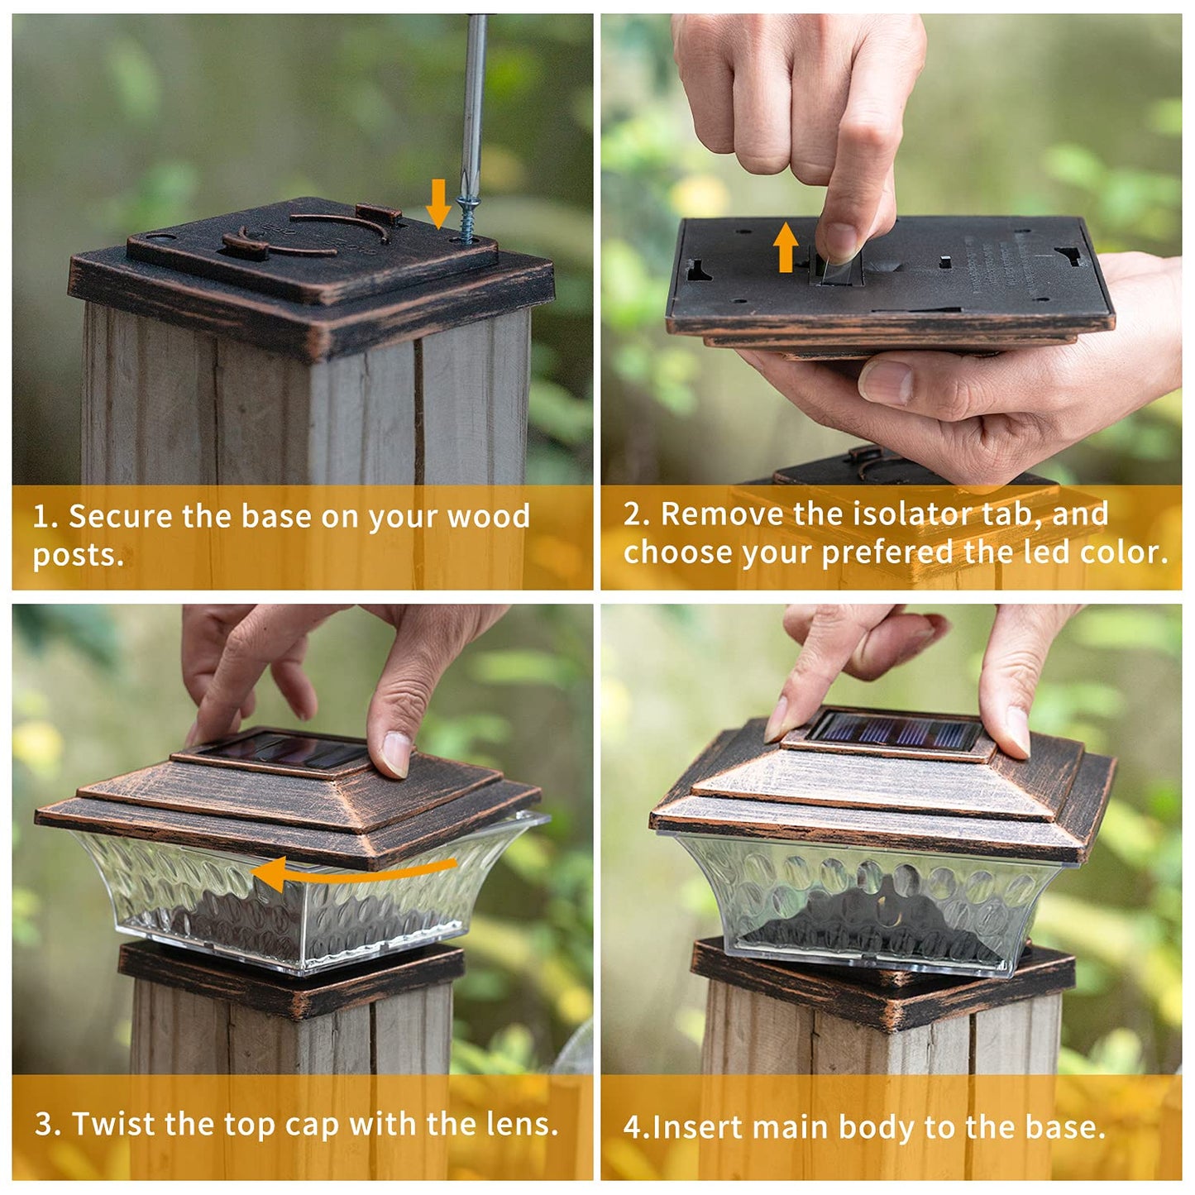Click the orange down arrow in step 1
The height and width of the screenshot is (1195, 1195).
point(439,203)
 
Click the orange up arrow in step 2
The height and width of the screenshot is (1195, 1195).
point(786,248)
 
